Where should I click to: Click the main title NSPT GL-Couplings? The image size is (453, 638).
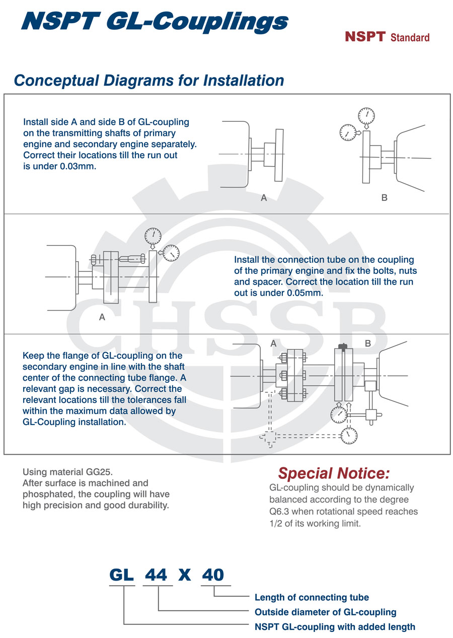pos(154,22)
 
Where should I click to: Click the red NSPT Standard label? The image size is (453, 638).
pos(387,37)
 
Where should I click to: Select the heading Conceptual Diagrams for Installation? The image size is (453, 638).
pos(149,81)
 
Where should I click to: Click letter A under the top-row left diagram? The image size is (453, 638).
pos(264,198)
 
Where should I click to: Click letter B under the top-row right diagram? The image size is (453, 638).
pos(384,198)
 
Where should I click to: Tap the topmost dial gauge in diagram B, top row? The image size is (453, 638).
pos(366,116)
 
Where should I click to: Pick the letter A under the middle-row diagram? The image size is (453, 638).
pos(102,318)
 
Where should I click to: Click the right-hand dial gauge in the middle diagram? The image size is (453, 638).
pos(171,253)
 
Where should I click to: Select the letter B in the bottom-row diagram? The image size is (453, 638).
pos(367,343)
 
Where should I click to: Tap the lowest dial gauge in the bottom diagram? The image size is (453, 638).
pos(348,436)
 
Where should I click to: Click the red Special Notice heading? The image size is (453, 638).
pos(334,473)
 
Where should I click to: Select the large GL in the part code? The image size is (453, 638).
pos(122,575)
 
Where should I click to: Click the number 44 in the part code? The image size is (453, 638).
pos(156,575)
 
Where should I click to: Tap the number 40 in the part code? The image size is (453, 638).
pos(212,575)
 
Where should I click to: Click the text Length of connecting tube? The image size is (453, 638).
pos(312,598)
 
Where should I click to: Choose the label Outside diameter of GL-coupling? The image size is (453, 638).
pos(325,612)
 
